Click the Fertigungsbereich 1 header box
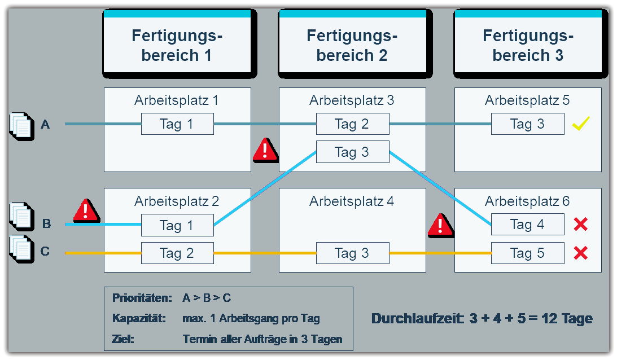tap(177, 44)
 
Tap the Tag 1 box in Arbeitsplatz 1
tap(177, 124)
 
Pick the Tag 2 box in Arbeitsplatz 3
tap(352, 124)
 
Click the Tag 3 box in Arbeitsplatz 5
tap(527, 124)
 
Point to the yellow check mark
tap(581, 124)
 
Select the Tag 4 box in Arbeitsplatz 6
tap(527, 225)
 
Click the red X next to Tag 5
tap(581, 253)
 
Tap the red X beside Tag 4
tap(581, 225)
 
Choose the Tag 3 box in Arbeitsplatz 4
tap(352, 253)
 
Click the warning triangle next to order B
tap(86, 210)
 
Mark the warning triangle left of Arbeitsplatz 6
tap(441, 225)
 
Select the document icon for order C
tap(20, 249)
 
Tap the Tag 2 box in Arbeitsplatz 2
tap(177, 253)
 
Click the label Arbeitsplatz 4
tap(352, 201)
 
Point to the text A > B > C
tap(207, 298)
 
